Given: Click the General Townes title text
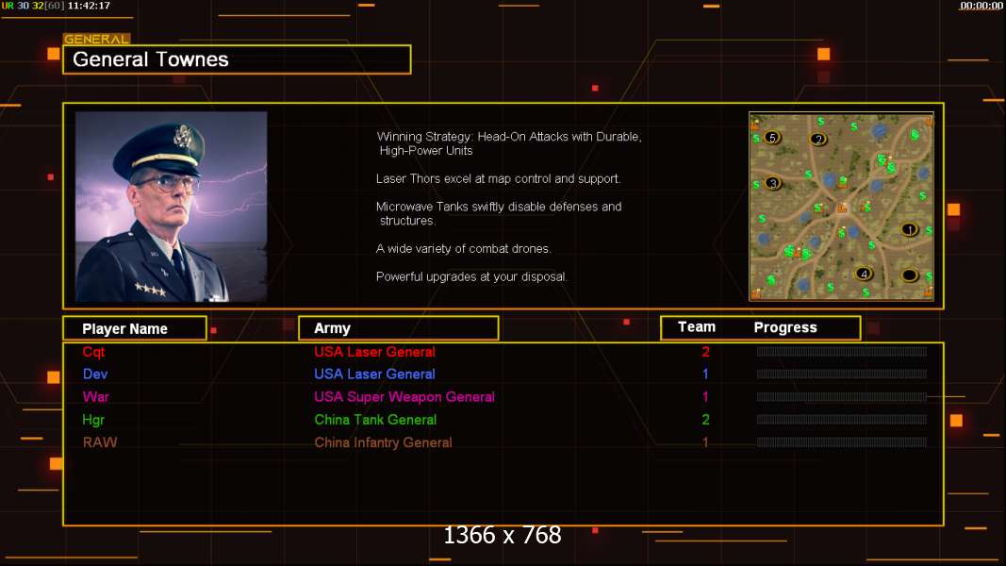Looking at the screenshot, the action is click(151, 59).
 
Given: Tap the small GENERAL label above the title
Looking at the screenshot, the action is click(96, 39).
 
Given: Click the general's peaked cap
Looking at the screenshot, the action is click(161, 147).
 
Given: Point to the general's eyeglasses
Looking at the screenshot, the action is click(168, 184).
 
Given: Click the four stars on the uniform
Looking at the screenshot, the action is click(151, 290).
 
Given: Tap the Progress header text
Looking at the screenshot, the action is click(785, 327).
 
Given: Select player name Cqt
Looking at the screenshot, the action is click(93, 352).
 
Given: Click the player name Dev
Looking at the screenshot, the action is click(95, 375).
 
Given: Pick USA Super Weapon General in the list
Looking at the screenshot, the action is click(404, 396).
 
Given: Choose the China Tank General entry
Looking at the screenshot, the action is click(375, 420).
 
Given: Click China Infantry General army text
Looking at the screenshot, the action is click(383, 442).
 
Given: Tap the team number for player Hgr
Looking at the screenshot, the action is click(705, 420).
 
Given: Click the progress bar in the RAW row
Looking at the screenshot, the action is click(842, 442).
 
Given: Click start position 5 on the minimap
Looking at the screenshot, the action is click(772, 138).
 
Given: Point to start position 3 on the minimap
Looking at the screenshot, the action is click(772, 184).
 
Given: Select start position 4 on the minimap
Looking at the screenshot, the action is click(864, 274).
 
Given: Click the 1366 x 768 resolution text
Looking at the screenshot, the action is click(503, 535).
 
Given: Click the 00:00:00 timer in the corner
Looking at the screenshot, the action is click(981, 6).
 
